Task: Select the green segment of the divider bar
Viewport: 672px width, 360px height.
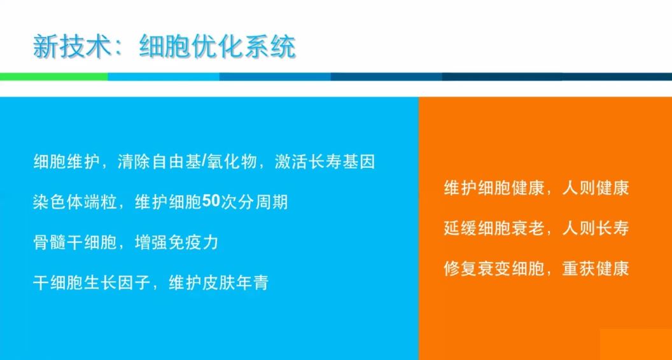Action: pyautogui.click(x=54, y=77)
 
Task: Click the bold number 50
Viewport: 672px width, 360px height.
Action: pyautogui.click(x=211, y=202)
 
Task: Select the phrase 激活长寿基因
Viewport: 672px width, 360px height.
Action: pyautogui.click(x=325, y=162)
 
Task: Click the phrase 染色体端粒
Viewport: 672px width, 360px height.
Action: pyautogui.click(x=75, y=202)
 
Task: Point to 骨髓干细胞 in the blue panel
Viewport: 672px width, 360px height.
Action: pyautogui.click(x=75, y=242)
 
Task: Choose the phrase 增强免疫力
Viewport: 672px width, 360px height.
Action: pyautogui.click(x=176, y=242)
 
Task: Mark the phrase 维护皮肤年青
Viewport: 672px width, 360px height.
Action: pyautogui.click(x=218, y=283)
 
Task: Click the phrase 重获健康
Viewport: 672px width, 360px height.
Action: pyautogui.click(x=596, y=269)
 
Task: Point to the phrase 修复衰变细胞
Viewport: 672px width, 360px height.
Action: pyautogui.click(x=494, y=269)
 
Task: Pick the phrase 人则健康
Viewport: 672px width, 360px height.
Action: pyautogui.click(x=596, y=188)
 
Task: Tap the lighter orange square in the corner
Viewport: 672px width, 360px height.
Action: pyautogui.click(x=636, y=345)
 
